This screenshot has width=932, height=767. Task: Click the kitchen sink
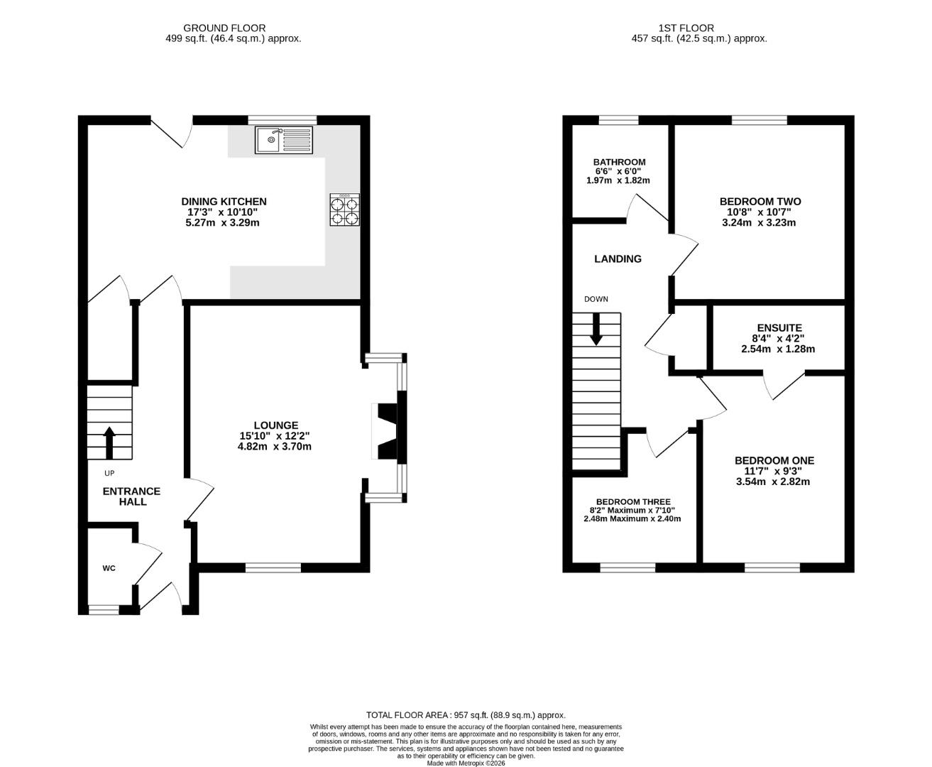(x=284, y=140)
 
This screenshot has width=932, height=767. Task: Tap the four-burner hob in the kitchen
(x=344, y=210)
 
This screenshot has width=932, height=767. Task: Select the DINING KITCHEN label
(x=224, y=202)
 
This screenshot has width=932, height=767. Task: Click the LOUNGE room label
(x=275, y=425)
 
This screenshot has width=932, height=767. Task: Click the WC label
(x=109, y=568)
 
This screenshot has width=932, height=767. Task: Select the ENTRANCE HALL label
(x=132, y=496)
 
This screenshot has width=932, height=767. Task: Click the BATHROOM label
(x=619, y=162)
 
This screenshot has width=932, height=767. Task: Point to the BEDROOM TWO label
(x=760, y=202)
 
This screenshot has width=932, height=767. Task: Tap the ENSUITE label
(x=779, y=328)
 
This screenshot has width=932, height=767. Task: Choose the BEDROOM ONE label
(x=774, y=461)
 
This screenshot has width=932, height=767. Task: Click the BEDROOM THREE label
(x=633, y=502)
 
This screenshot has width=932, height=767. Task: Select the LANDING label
(x=618, y=259)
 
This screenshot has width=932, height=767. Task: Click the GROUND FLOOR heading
(x=224, y=28)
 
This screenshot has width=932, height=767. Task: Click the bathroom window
(x=618, y=120)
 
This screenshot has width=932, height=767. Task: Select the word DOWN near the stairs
(x=596, y=299)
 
